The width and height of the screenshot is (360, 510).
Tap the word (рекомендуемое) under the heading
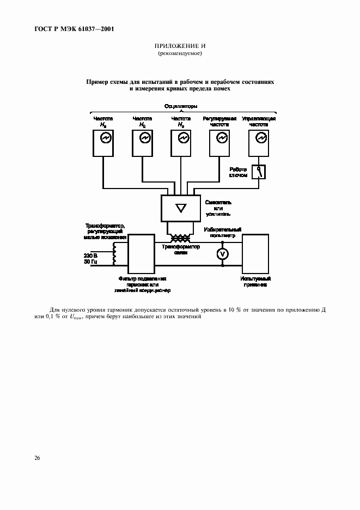click(x=180, y=54)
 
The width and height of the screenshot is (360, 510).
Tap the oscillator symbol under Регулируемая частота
click(x=222, y=138)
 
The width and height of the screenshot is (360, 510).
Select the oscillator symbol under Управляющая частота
click(x=260, y=138)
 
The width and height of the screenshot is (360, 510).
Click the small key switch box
click(x=259, y=173)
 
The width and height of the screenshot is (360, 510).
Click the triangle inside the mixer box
click(x=181, y=207)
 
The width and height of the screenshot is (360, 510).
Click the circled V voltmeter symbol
click(x=222, y=254)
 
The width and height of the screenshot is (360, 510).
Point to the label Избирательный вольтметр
click(x=222, y=233)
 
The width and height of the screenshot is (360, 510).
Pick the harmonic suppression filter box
click(x=141, y=253)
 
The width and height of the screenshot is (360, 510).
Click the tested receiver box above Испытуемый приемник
click(x=256, y=253)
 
